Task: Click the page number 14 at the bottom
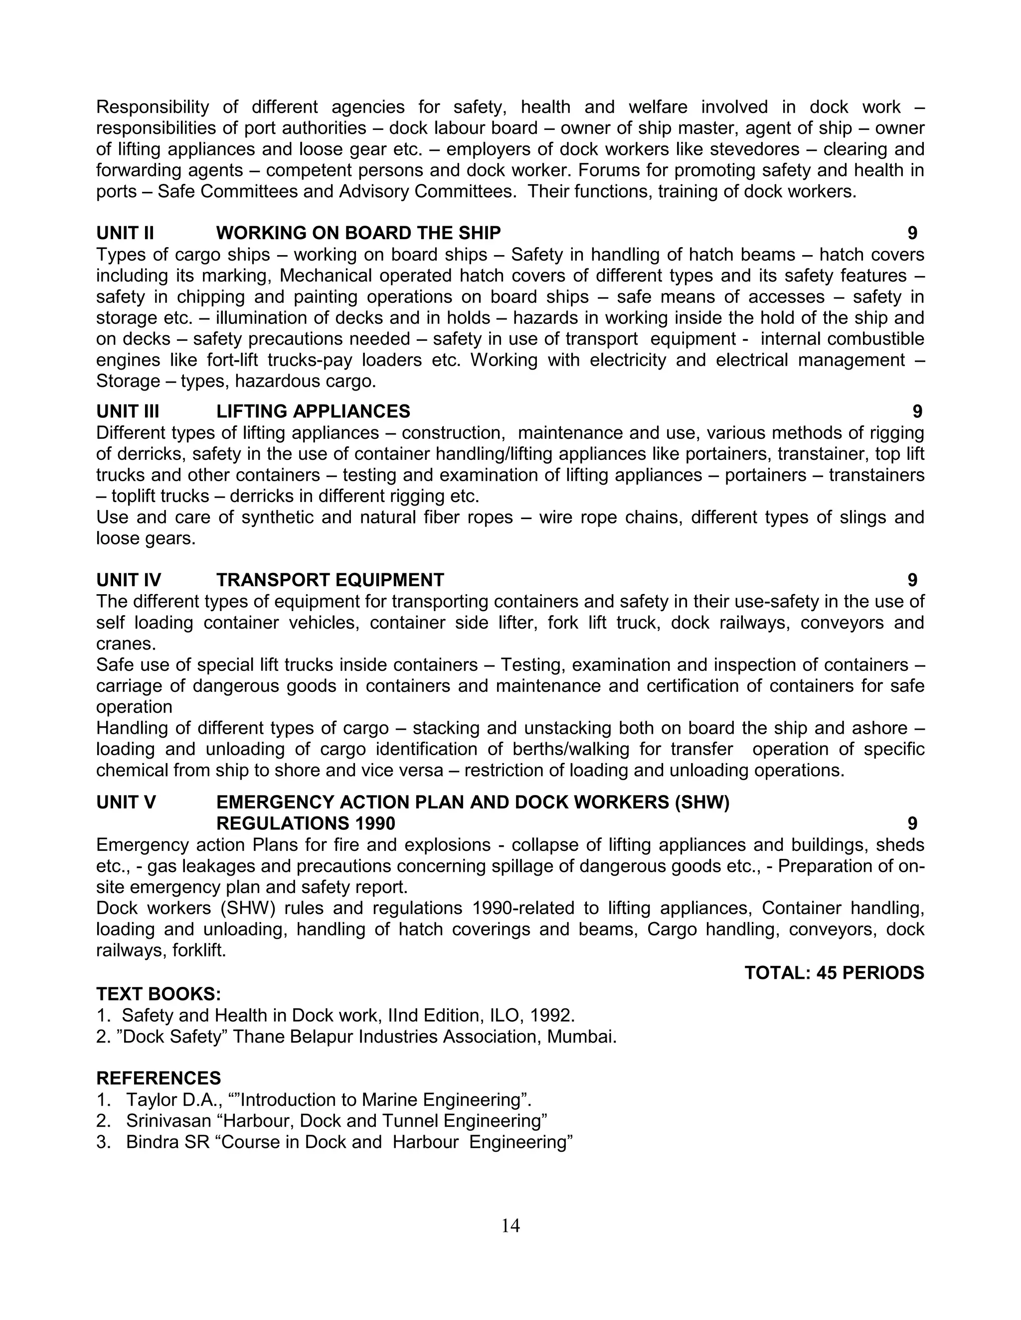(x=510, y=1226)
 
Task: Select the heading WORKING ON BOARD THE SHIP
(x=358, y=233)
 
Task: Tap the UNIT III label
(x=128, y=411)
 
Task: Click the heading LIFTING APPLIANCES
(x=313, y=411)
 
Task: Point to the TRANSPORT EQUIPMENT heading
(x=330, y=580)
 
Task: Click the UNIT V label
(x=126, y=802)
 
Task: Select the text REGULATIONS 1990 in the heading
(x=306, y=824)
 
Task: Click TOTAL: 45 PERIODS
(x=834, y=973)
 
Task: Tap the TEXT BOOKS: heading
(x=159, y=994)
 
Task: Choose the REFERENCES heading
(x=159, y=1078)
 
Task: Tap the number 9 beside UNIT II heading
(x=912, y=233)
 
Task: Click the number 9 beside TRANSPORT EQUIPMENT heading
(x=912, y=580)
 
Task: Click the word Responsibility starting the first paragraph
(x=153, y=108)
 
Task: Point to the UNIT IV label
(x=128, y=580)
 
